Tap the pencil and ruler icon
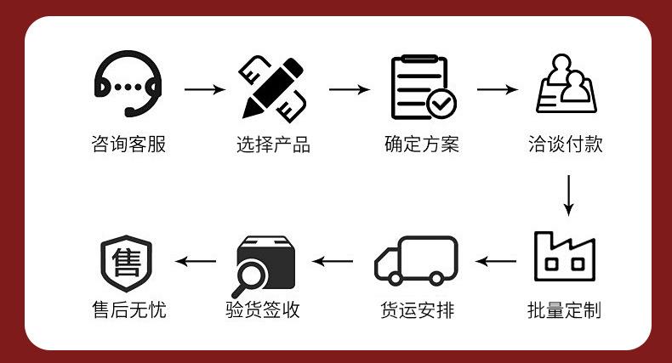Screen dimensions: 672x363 coord(272,89)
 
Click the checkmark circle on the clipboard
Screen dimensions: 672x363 coord(441,104)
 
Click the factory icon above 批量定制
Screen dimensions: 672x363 coord(565,257)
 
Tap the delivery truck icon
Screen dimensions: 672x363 coord(416,260)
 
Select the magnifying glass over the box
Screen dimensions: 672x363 coord(250,277)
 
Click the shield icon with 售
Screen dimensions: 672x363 coord(127,264)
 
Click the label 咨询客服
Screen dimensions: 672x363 coord(128,144)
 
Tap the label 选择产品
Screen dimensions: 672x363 coord(273,145)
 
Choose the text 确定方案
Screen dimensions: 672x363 coord(422,144)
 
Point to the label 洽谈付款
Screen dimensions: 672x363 coord(566,144)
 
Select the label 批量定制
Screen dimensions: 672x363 coord(565,310)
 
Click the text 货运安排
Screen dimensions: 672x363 coord(417,310)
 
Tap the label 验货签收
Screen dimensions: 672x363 coord(263,309)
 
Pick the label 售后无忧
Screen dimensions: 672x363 coord(129,309)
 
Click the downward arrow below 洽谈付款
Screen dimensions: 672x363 coord(569,196)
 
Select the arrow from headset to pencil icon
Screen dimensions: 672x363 coord(205,89)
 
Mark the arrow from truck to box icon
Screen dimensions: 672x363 coord(333,261)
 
